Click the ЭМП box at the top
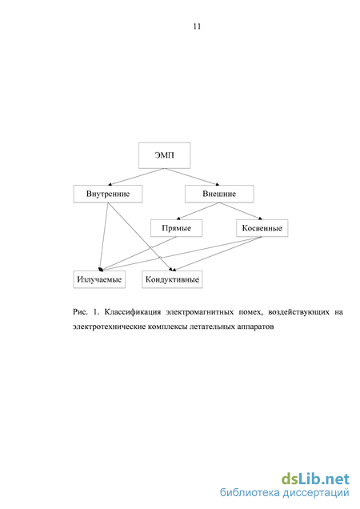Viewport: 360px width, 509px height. pyautogui.click(x=164, y=155)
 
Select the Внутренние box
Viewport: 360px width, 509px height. pyautogui.click(x=108, y=194)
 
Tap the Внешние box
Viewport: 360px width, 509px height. pyautogui.click(x=219, y=194)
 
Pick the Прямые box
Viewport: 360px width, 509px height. pyautogui.click(x=176, y=228)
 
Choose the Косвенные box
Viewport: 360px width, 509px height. pyautogui.click(x=262, y=228)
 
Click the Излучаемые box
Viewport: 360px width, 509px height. pyautogui.click(x=99, y=279)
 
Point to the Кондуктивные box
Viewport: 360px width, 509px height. pyautogui.click(x=172, y=279)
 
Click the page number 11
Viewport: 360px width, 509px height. pyautogui.click(x=197, y=26)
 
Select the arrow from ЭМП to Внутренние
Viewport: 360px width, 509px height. pyautogui.click(x=136, y=177)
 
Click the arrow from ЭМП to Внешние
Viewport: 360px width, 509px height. pyautogui.click(x=192, y=177)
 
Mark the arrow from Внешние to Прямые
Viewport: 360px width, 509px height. pyautogui.click(x=198, y=211)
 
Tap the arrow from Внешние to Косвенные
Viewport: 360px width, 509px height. pyautogui.click(x=241, y=211)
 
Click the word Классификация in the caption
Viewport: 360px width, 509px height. pyautogui.click(x=133, y=312)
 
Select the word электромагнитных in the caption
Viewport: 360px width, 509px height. pyautogui.click(x=200, y=312)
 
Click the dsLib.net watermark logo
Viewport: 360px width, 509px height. pyautogui.click(x=315, y=479)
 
